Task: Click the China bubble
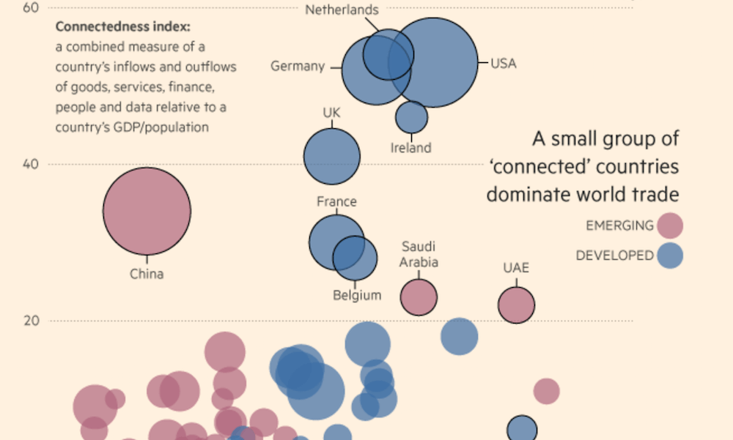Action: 147,211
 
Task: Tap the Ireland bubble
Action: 411,117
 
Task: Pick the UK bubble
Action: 332,156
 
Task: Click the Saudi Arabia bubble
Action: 419,297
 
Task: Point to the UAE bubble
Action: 517,305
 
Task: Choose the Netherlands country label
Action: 342,10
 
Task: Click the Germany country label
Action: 298,67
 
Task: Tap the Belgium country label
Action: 357,296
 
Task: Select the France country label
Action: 336,201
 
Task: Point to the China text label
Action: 147,275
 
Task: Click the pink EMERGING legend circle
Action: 670,225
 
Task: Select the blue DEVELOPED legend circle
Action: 670,256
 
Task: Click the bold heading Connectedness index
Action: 122,27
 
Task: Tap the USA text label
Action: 504,64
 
